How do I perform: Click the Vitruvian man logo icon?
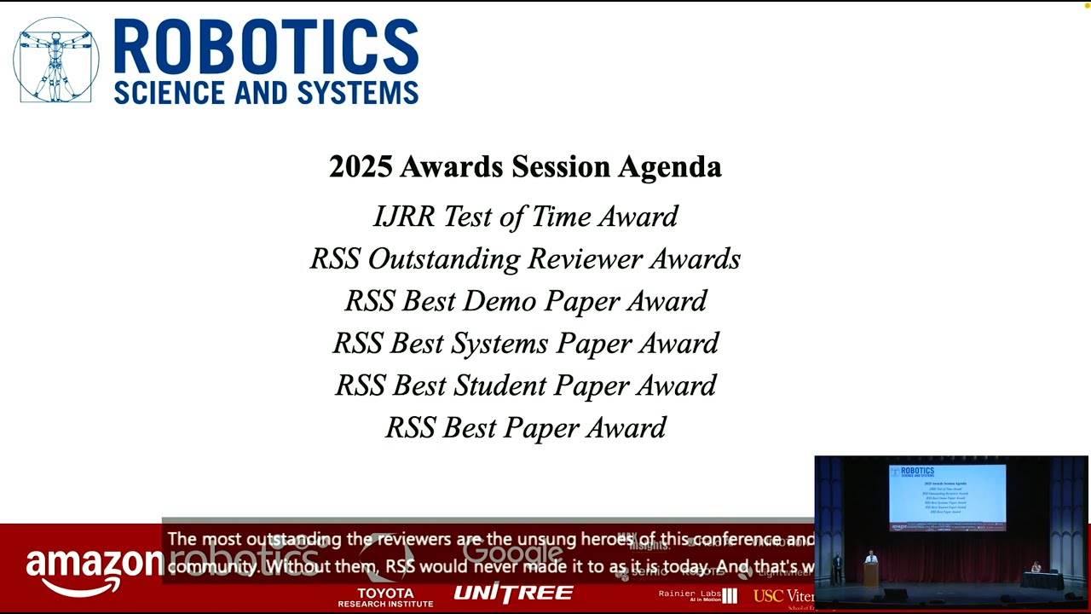[56, 61]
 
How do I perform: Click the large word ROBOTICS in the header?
[265, 49]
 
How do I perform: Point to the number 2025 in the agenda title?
[360, 166]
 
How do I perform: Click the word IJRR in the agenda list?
[404, 217]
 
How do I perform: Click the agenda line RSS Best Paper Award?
[525, 428]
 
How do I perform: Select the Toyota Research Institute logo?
[385, 597]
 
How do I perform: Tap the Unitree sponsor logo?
[513, 594]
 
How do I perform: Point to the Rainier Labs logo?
[697, 595]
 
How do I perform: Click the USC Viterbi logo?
[783, 596]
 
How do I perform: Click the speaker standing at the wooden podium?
[870, 560]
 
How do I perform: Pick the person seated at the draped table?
[1036, 567]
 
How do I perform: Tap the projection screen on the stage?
[947, 497]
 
